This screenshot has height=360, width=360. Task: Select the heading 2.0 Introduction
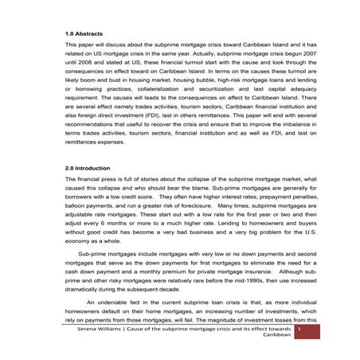(x=88, y=169)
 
